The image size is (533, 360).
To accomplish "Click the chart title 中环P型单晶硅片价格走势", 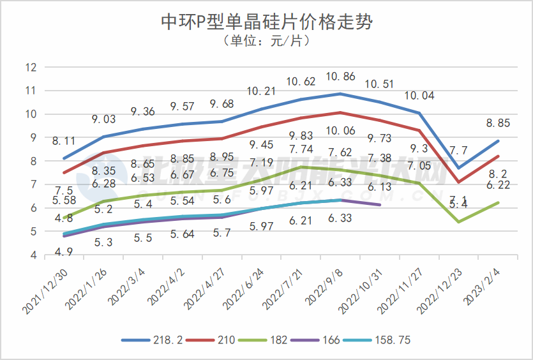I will click(266, 23).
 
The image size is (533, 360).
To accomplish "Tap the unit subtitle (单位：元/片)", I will click(266, 41).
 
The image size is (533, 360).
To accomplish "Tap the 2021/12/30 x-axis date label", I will click(45, 290).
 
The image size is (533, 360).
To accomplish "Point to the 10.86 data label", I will click(340, 77).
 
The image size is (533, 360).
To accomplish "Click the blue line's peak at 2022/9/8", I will click(340, 94).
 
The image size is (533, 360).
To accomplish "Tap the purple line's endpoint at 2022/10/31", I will click(380, 205).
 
